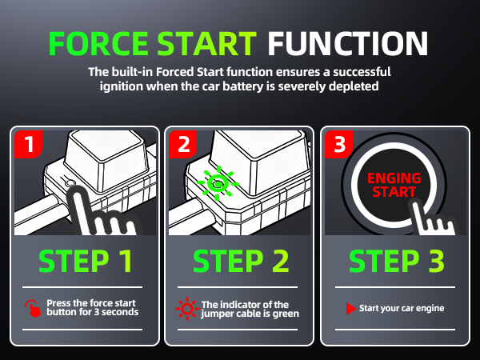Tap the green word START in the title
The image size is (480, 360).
(x=210, y=42)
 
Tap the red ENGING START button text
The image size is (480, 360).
(x=392, y=185)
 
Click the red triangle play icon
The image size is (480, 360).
(x=350, y=308)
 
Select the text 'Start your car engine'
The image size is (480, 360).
(x=401, y=308)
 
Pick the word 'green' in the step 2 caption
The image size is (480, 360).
(x=283, y=314)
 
